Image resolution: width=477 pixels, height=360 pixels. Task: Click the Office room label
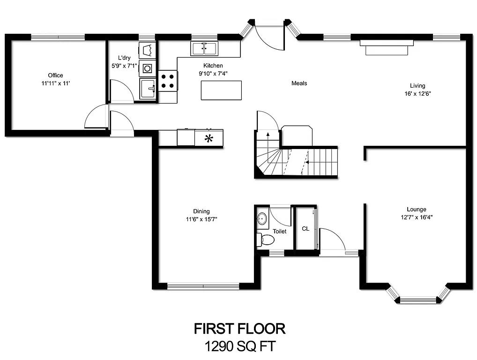[55, 75]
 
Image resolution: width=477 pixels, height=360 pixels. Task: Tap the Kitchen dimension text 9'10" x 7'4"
[213, 74]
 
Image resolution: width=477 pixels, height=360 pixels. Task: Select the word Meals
[299, 83]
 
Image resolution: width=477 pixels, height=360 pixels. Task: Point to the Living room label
[417, 86]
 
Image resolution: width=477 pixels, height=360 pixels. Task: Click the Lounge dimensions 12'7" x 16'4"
[417, 217]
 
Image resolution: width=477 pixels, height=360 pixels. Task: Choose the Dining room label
[201, 211]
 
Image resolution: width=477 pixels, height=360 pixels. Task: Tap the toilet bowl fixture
[266, 240]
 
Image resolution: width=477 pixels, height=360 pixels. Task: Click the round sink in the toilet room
[262, 219]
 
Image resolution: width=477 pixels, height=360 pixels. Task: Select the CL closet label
[306, 229]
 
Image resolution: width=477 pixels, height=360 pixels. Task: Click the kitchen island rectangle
[221, 90]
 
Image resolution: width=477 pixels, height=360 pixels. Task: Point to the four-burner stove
[168, 80]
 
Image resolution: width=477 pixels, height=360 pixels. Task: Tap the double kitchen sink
[204, 48]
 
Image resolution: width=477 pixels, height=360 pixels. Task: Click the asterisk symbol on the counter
[209, 138]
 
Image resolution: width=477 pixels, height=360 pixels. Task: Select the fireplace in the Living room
[387, 47]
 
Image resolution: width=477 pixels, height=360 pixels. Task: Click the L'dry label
[124, 58]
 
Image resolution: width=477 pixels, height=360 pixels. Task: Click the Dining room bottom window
[203, 286]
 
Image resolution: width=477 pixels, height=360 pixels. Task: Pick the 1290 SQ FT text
[239, 346]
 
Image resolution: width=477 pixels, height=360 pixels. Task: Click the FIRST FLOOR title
[239, 329]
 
